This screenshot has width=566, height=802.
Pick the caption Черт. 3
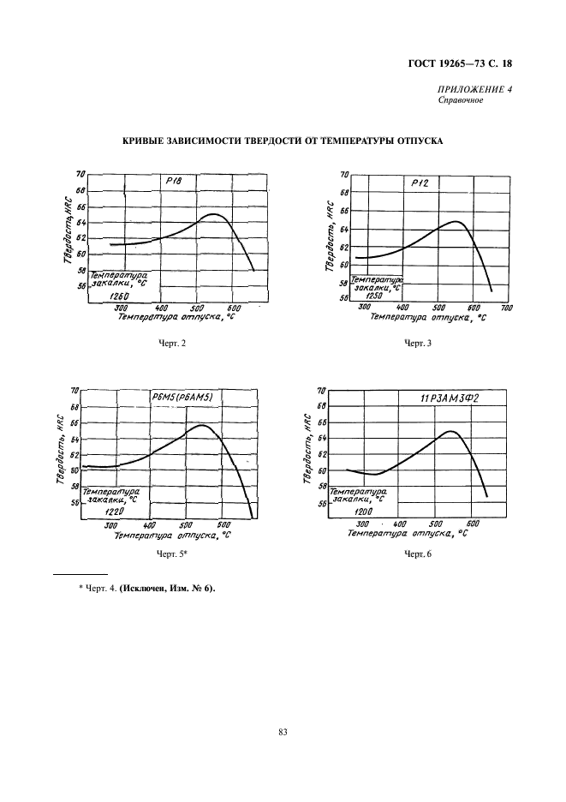419,343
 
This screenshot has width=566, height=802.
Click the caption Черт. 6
419,555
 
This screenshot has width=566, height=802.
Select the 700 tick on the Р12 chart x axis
505,308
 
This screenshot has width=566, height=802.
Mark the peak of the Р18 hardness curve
213,214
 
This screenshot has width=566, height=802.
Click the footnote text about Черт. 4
141,587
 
